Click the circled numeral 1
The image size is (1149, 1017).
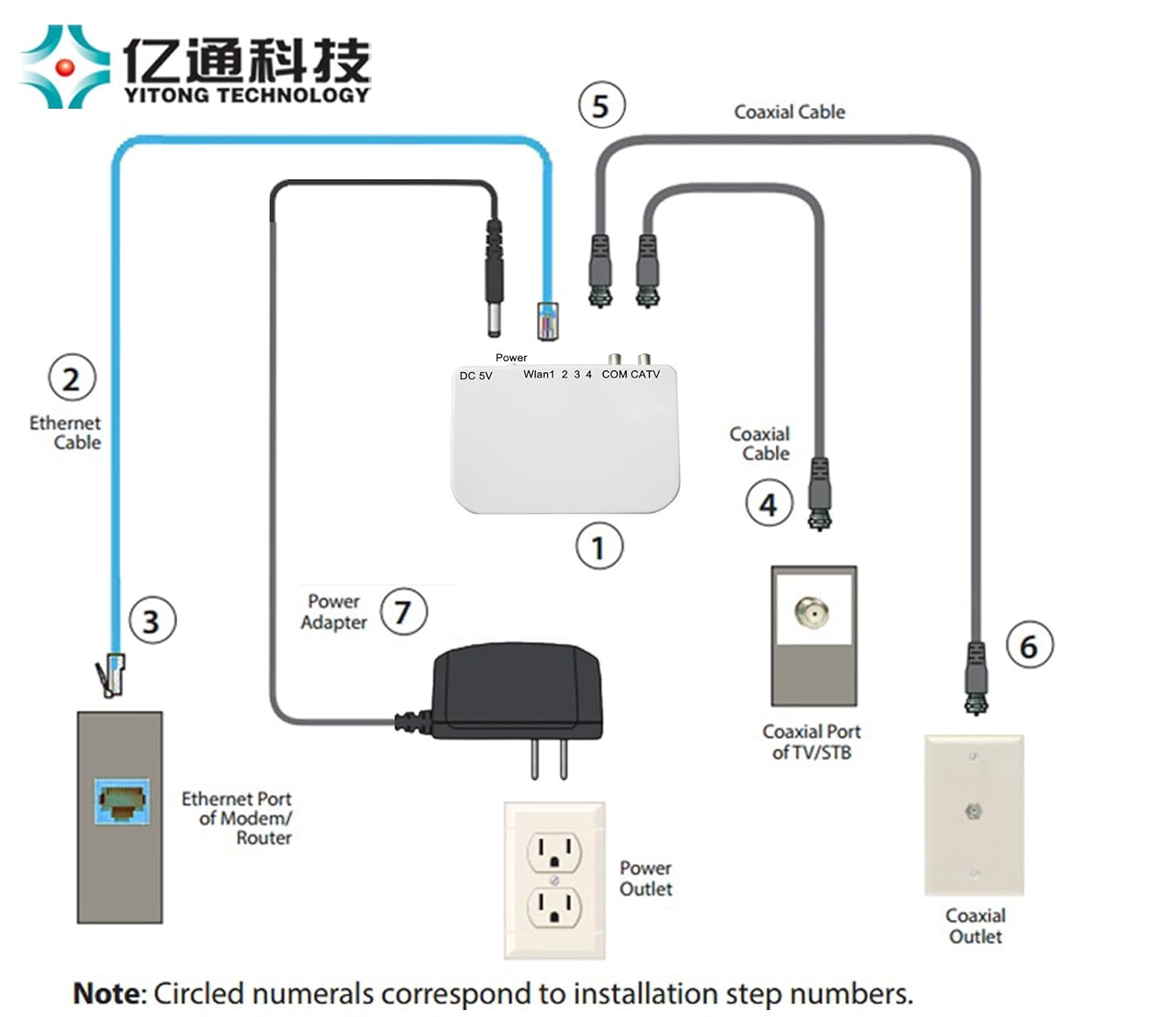pyautogui.click(x=599, y=546)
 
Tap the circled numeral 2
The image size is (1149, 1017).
pyautogui.click(x=72, y=378)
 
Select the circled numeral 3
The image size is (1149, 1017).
pyautogui.click(x=152, y=620)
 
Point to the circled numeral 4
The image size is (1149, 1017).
pyautogui.click(x=769, y=503)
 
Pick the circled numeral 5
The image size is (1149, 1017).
pyautogui.click(x=602, y=106)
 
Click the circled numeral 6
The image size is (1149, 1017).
pyautogui.click(x=1030, y=645)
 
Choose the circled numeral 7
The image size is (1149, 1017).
pyautogui.click(x=404, y=612)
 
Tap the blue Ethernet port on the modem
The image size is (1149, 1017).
pyautogui.click(x=122, y=801)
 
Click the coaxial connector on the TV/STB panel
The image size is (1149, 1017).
pyautogui.click(x=812, y=612)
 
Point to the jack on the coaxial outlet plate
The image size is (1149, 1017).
pyautogui.click(x=973, y=811)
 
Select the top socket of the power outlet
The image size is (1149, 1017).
pyautogui.click(x=554, y=852)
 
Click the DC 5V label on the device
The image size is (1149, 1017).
pyautogui.click(x=475, y=376)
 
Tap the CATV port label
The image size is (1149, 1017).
pyautogui.click(x=645, y=374)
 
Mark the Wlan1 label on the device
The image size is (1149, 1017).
pyautogui.click(x=538, y=374)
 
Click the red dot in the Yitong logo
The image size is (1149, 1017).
pyautogui.click(x=64, y=67)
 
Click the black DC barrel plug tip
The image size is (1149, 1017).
pyautogui.click(x=493, y=322)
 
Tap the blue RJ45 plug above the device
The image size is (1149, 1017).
pyautogui.click(x=547, y=322)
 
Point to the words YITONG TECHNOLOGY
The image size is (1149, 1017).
pyautogui.click(x=247, y=95)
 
